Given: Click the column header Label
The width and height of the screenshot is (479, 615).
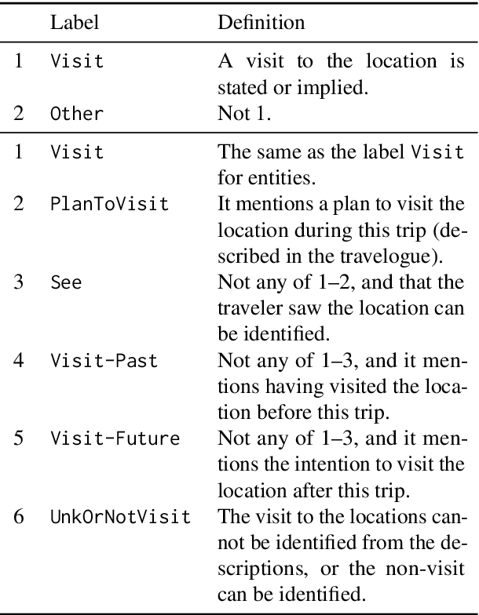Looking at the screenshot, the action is [75, 23].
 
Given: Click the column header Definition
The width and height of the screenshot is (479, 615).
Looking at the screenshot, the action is [261, 23].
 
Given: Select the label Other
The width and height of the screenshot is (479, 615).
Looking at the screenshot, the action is [76, 113].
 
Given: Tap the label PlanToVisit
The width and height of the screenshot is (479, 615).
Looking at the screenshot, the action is [109, 204].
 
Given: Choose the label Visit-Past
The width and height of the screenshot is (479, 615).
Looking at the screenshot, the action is [104, 362].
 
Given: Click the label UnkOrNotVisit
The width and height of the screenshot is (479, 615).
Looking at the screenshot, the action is [120, 516].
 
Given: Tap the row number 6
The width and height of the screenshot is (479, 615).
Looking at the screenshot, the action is [19, 516].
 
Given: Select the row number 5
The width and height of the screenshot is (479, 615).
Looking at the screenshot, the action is [19, 439].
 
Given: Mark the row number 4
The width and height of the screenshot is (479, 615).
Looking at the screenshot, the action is [19, 362].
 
